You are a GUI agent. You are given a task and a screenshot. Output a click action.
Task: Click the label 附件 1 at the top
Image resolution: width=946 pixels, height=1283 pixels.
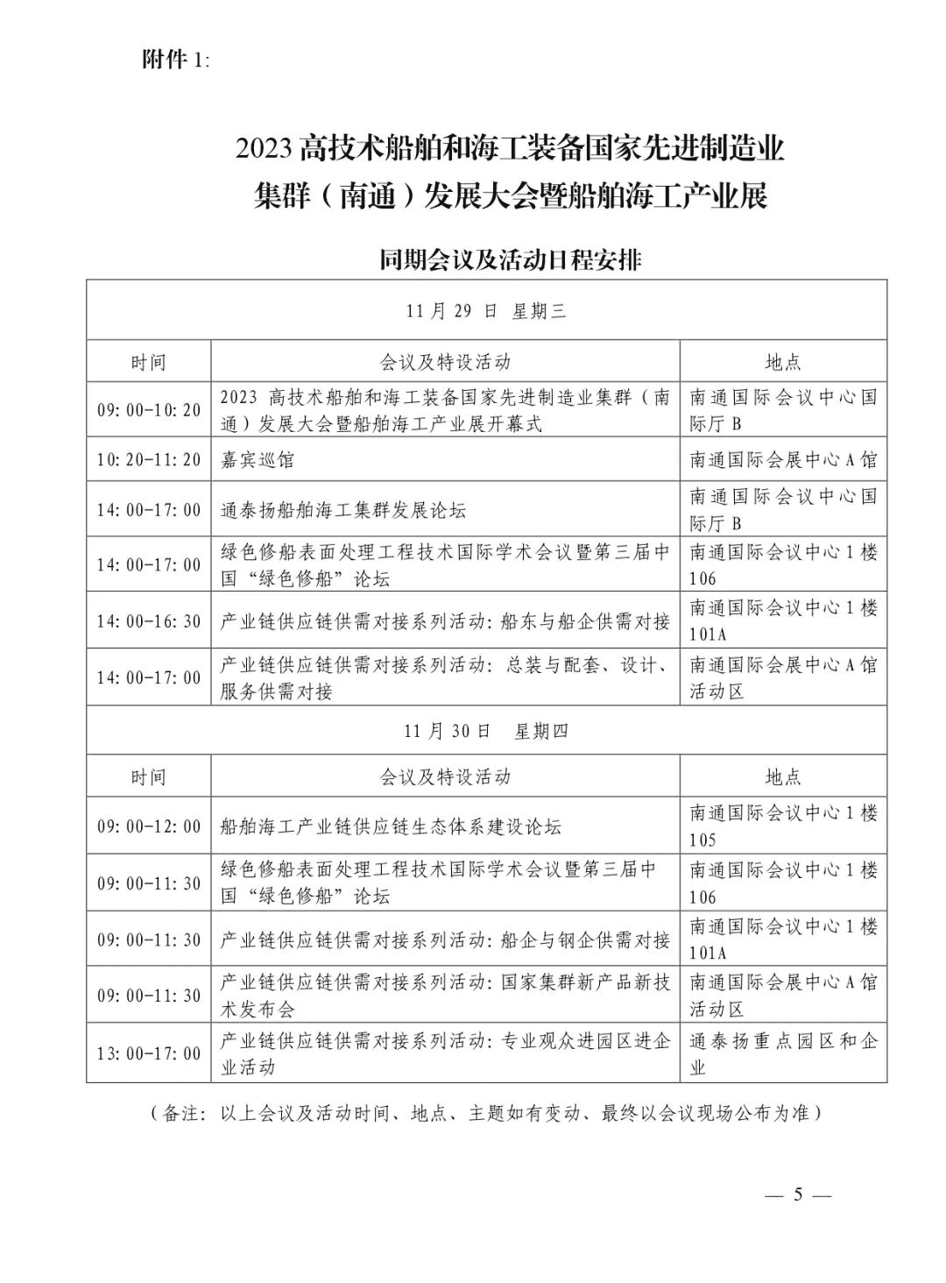(x=174, y=60)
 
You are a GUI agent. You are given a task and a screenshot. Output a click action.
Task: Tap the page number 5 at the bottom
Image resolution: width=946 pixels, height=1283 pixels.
(x=797, y=1194)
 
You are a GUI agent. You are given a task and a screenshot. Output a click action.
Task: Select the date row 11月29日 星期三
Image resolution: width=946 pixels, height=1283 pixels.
(x=486, y=310)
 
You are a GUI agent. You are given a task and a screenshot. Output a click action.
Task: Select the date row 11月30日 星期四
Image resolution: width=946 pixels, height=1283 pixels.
(x=486, y=730)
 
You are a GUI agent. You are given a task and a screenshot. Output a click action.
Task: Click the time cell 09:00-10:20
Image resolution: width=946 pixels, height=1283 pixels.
(x=149, y=410)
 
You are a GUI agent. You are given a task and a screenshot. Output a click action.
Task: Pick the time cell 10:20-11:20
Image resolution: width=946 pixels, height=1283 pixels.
(x=149, y=460)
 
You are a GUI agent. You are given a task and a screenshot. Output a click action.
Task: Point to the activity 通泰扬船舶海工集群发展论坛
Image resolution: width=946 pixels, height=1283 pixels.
(x=343, y=510)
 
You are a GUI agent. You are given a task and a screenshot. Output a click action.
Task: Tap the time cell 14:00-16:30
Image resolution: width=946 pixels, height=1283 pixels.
(x=149, y=621)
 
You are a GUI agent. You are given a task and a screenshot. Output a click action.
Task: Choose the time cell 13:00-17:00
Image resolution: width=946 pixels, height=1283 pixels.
(x=149, y=1053)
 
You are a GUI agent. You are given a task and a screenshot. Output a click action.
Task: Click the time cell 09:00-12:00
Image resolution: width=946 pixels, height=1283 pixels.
(x=149, y=826)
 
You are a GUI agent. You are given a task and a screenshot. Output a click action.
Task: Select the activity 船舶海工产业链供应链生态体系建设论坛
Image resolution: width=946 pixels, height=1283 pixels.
(x=391, y=826)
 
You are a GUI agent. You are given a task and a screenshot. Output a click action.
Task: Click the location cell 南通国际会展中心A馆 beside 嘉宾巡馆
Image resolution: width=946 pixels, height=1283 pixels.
(x=783, y=460)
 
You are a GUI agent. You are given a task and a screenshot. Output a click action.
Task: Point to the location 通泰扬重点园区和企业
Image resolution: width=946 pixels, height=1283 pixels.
(x=783, y=1053)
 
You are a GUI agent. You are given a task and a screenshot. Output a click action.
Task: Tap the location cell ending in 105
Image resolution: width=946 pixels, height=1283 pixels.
(x=783, y=826)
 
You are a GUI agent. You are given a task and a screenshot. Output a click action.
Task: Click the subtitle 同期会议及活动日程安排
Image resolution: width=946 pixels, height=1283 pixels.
(x=510, y=260)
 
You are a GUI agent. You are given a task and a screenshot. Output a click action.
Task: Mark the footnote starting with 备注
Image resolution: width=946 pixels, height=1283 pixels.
(x=486, y=1114)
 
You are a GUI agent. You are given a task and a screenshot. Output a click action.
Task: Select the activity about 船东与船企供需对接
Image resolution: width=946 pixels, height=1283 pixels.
(x=445, y=621)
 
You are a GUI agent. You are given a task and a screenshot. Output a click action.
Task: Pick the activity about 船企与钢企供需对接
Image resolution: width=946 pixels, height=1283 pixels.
(x=445, y=939)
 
